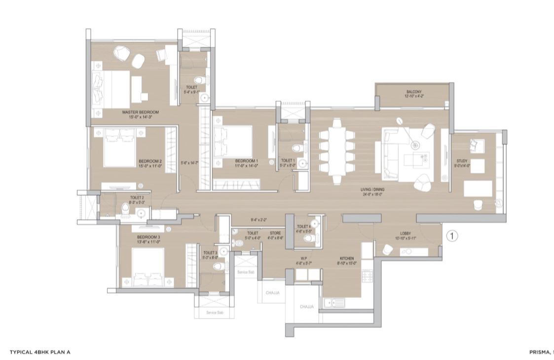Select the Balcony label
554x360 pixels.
click(x=413, y=92)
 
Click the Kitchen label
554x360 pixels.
click(x=348, y=257)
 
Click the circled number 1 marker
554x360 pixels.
click(x=452, y=236)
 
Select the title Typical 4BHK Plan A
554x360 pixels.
click(x=40, y=352)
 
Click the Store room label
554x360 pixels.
click(x=275, y=233)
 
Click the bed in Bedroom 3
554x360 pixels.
click(x=148, y=267)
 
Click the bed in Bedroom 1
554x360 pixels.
click(x=233, y=140)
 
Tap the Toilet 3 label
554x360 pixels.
click(x=210, y=252)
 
